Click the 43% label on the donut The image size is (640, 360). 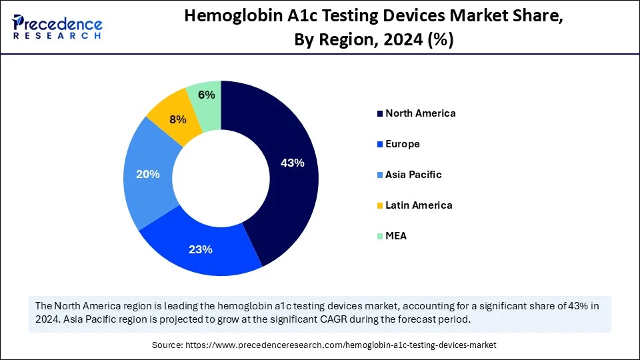coord(292,163)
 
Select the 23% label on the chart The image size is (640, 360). coord(200,249)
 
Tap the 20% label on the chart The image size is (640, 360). coord(148,174)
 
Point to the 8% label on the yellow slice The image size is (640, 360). coord(177,120)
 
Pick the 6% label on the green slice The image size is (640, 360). coord(207,95)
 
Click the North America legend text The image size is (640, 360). coord(420,113)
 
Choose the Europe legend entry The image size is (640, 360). coord(402,144)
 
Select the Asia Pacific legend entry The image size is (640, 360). coord(413,175)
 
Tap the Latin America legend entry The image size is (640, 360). coord(419,205)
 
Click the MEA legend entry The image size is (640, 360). coord(396,236)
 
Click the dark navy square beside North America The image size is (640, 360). coord(380,114)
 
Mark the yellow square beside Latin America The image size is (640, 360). coord(380,206)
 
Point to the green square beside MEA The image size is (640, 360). coord(380,237)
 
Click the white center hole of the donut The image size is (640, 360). coord(221,177)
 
